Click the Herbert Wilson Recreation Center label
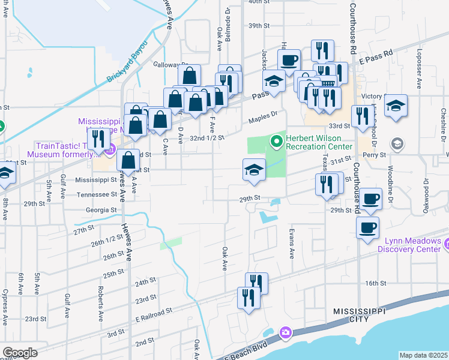tap(319, 142)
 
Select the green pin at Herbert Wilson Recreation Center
tap(277, 142)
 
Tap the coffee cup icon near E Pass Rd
tap(289, 61)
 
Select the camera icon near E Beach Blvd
tap(285, 332)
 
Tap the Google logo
tap(20, 353)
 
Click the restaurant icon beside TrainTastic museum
tap(96, 139)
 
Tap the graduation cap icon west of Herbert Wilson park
tap(254, 170)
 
